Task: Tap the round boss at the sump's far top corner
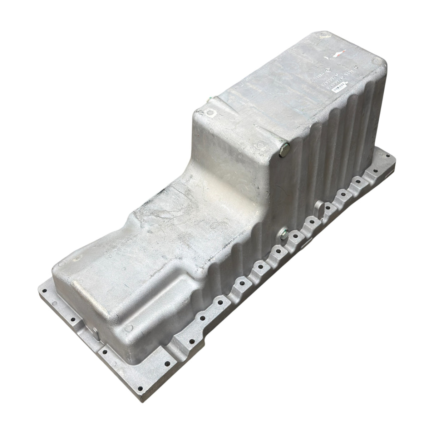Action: [x=323, y=35]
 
